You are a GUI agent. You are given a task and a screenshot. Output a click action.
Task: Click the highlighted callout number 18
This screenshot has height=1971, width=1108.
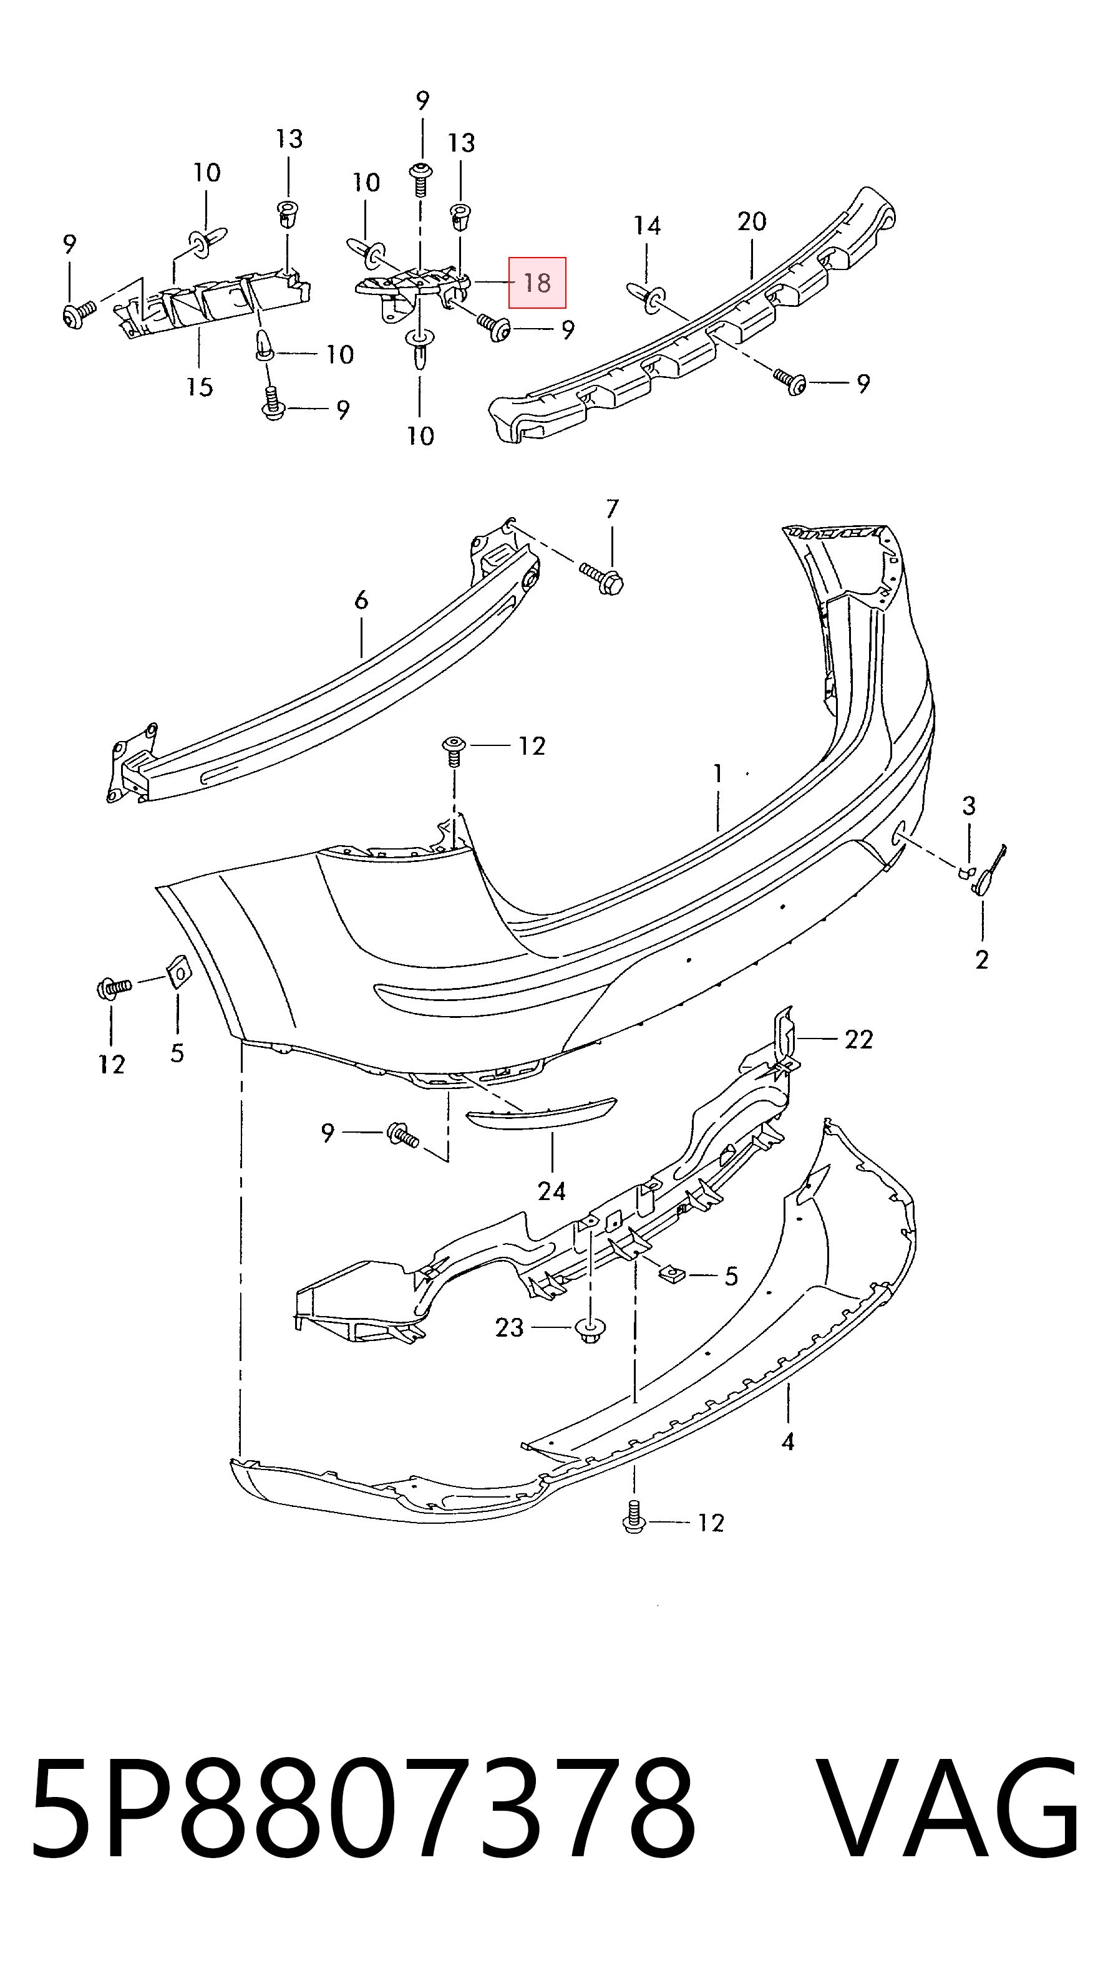pos(537,283)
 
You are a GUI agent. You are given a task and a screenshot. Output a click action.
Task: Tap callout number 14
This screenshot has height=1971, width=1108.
pos(646,226)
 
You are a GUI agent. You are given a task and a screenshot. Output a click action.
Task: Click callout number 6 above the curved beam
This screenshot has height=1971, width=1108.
pos(361,600)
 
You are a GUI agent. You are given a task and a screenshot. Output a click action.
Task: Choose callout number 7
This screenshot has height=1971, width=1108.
pos(612,509)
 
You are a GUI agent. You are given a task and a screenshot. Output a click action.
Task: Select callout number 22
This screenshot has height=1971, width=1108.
pos(858,1039)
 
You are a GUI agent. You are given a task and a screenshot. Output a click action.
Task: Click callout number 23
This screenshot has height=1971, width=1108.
pos(510,1327)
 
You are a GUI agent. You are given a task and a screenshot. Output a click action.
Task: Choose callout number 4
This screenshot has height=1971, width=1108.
pos(788,1441)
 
